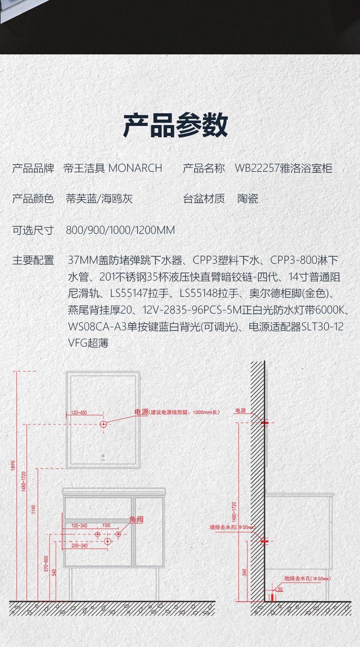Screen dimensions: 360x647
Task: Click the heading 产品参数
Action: coord(176,126)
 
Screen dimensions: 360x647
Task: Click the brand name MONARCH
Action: coord(135,168)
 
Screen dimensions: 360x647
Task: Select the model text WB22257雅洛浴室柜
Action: coord(283,169)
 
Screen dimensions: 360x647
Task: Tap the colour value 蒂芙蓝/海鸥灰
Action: coord(99,198)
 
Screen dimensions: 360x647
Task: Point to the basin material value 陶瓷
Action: coord(248,198)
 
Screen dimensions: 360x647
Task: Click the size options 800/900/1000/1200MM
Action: coord(120,230)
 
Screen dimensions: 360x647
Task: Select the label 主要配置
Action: coord(33,261)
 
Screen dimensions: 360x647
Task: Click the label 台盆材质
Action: coord(204,198)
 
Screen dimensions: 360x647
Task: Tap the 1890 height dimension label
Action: coord(13,465)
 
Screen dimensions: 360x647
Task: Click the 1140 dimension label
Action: coord(34,509)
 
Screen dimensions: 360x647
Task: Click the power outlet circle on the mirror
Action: coord(103,425)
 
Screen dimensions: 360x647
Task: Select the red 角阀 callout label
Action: coord(136,520)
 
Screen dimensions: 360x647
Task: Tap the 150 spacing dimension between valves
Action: coord(106,526)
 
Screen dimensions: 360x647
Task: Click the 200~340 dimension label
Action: coord(79,546)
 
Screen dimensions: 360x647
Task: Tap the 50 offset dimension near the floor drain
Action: coord(280,589)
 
